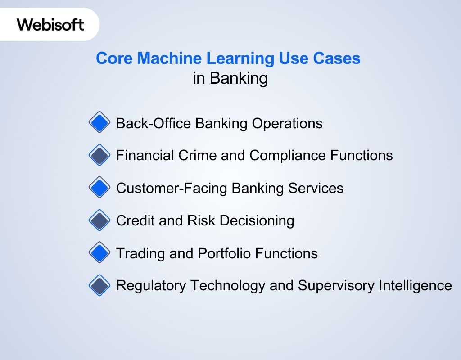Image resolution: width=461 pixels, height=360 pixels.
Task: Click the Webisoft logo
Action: click(50, 24)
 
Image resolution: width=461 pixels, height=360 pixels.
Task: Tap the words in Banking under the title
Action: click(230, 78)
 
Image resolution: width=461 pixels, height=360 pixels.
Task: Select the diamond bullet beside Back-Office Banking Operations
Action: click(99, 122)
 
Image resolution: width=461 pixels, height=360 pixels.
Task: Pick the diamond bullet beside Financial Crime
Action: click(99, 155)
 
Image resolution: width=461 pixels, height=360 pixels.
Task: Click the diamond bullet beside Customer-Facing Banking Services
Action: click(99, 188)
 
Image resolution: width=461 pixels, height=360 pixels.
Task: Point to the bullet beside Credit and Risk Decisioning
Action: click(99, 220)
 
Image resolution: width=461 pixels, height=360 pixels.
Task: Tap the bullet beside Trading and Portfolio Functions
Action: click(99, 253)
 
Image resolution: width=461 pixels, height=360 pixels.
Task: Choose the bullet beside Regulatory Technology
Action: click(99, 285)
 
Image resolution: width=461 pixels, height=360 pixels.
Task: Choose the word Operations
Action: click(287, 123)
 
